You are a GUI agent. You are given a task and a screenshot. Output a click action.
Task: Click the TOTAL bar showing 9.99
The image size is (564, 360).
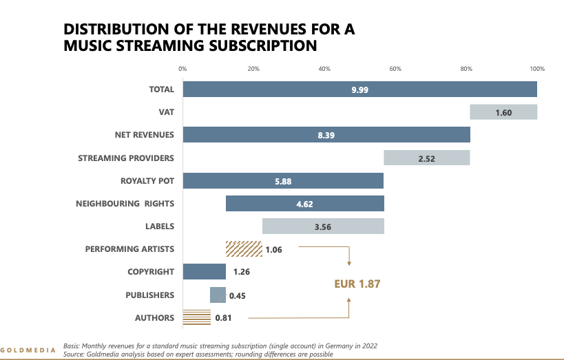(x=359, y=89)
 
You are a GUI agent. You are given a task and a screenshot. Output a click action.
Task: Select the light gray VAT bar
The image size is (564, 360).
(x=503, y=112)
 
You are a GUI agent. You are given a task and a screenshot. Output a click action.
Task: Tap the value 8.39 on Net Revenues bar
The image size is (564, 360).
(x=326, y=135)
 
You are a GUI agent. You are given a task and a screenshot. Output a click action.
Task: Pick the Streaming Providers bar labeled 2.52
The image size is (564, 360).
(x=426, y=158)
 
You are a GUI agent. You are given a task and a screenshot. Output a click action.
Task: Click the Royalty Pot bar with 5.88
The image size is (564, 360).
(x=283, y=180)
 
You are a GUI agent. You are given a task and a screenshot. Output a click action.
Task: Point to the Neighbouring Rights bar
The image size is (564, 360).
(x=304, y=203)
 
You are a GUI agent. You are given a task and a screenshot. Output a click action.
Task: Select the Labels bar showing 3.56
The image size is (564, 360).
(x=323, y=226)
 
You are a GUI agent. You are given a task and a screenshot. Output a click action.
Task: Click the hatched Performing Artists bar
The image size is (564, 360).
(x=244, y=248)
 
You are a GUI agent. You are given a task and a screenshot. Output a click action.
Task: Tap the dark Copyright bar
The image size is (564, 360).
(x=204, y=271)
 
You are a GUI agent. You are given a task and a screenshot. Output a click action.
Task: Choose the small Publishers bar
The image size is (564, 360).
(x=218, y=295)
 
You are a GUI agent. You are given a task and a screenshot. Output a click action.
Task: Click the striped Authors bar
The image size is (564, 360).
(x=196, y=317)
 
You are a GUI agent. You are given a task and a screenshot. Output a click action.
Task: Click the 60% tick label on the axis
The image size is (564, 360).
(x=395, y=69)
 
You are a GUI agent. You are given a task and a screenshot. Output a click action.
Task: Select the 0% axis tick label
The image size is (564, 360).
(x=182, y=69)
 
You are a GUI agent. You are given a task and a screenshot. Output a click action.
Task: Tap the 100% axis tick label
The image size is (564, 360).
(x=537, y=69)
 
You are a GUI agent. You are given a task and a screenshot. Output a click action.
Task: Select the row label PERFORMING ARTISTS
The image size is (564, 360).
(x=129, y=248)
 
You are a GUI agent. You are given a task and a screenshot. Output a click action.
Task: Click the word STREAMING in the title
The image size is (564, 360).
(x=151, y=46)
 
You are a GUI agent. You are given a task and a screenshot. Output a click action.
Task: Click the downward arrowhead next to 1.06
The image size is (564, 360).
(x=349, y=262)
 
